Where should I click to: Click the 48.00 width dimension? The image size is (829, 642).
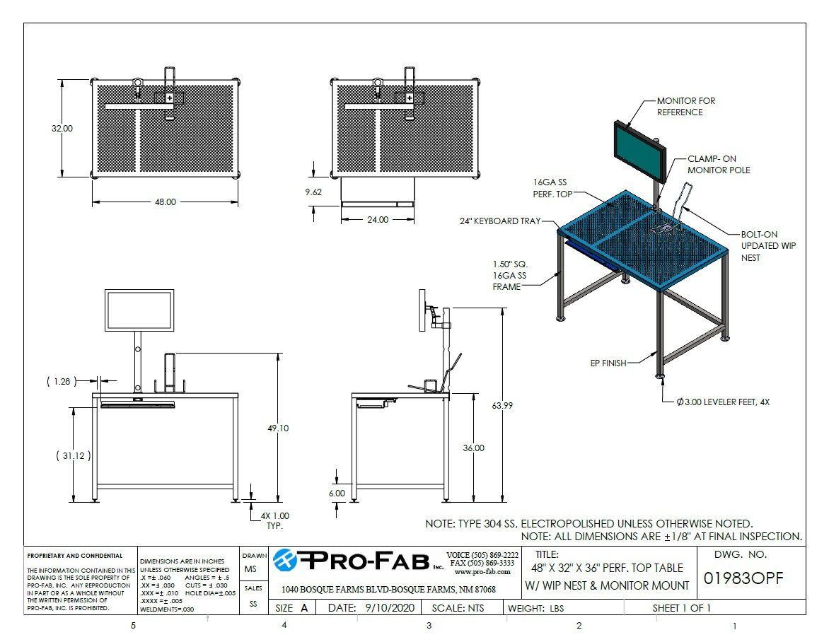[165, 202]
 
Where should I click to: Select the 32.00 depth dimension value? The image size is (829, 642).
[62, 129]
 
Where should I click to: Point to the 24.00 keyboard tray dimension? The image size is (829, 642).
[377, 220]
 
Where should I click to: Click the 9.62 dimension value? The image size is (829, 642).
[314, 192]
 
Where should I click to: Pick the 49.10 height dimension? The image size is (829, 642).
[277, 428]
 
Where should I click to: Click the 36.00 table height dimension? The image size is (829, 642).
[473, 448]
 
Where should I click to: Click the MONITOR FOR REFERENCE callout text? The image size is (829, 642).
[685, 107]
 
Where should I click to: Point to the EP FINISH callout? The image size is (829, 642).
[608, 363]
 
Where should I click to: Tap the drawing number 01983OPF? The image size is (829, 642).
[743, 578]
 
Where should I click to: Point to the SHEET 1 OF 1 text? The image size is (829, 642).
[681, 608]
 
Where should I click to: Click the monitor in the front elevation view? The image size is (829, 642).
[139, 310]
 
